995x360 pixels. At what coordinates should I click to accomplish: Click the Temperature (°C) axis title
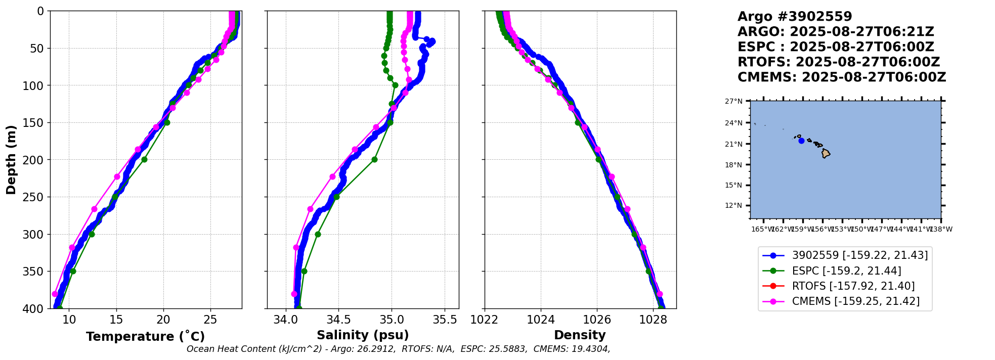(145, 337)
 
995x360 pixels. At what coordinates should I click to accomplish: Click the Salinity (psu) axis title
(363, 335)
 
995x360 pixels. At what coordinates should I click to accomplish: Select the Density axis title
(580, 335)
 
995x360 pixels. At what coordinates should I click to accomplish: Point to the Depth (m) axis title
(11, 159)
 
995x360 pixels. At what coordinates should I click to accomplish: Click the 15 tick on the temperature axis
(116, 320)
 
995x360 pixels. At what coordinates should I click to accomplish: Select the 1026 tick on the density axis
(597, 320)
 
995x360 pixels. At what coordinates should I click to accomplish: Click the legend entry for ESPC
(846, 271)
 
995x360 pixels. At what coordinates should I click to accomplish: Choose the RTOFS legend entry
(853, 286)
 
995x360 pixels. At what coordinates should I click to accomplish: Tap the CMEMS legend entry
(855, 301)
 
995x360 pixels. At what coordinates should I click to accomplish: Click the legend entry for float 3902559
(859, 255)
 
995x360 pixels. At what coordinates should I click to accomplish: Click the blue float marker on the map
(801, 141)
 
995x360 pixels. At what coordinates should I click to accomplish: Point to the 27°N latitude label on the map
(733, 102)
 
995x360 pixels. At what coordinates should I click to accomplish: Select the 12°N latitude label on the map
(733, 206)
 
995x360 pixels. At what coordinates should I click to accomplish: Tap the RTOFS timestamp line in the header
(838, 62)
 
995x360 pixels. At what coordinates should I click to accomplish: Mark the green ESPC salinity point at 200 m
(375, 160)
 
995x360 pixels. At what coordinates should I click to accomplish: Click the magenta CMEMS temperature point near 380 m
(55, 294)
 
